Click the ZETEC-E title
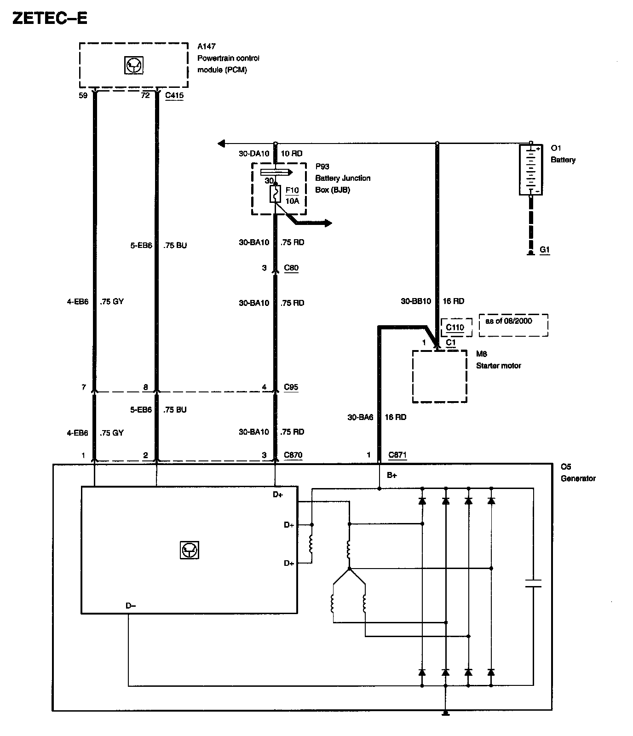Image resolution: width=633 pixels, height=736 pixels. point(50,18)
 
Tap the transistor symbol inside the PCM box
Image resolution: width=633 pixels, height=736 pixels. point(134,65)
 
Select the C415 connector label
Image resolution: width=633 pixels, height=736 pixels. point(174,96)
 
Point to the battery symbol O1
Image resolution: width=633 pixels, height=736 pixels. point(530,169)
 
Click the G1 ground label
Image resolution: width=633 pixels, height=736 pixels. point(545,250)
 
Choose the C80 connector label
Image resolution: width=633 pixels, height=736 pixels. point(291,268)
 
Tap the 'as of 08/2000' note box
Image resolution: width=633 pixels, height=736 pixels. point(513,325)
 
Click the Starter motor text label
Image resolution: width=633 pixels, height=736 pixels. point(499,366)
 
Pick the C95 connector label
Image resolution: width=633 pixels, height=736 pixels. point(291,387)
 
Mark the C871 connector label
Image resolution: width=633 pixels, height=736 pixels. point(397,455)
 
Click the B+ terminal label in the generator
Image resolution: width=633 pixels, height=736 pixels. point(391,476)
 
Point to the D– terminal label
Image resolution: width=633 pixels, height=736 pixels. point(131,606)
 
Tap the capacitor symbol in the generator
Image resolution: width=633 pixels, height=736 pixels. point(533,583)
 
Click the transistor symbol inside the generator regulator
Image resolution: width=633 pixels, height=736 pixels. point(190,550)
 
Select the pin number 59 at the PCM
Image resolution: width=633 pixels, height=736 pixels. point(83,96)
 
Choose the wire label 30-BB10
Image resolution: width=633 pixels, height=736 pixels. point(416,301)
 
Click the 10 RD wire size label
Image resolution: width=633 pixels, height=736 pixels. point(291,154)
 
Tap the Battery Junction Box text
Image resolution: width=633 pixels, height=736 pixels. point(342,184)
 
